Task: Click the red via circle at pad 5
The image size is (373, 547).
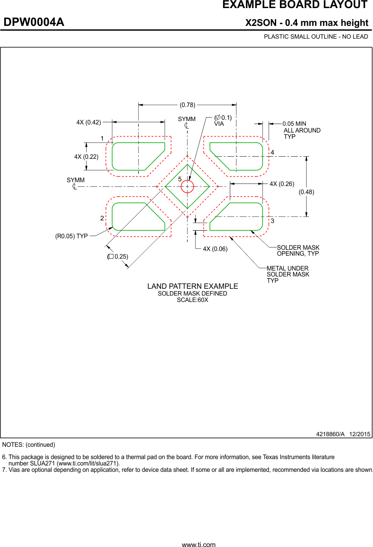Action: coord(187,186)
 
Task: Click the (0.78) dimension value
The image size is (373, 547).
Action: coord(187,104)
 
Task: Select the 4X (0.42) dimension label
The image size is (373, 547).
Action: coord(88,122)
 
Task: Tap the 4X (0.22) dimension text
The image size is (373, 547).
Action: coord(86,157)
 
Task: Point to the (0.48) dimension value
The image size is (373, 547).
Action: coord(306,192)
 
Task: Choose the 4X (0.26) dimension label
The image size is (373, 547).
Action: coord(282,184)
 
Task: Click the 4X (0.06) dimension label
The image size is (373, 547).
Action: coord(215,249)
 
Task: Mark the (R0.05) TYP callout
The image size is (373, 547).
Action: coord(71,236)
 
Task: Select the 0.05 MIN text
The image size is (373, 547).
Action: coord(294,124)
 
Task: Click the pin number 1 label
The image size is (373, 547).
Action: coord(102,138)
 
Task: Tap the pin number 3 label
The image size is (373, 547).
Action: coord(272,221)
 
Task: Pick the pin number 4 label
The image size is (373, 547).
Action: coord(272,152)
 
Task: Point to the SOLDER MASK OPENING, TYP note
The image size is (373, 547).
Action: coord(298,251)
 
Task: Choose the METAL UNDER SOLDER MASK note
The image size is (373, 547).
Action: coord(288,274)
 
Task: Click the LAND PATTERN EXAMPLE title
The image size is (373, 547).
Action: coord(192,286)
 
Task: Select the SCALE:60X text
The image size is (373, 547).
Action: coord(192,300)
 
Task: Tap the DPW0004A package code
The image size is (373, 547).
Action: coord(34,23)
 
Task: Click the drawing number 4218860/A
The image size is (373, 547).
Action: coord(330,434)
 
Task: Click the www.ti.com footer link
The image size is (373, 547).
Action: coord(198,544)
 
